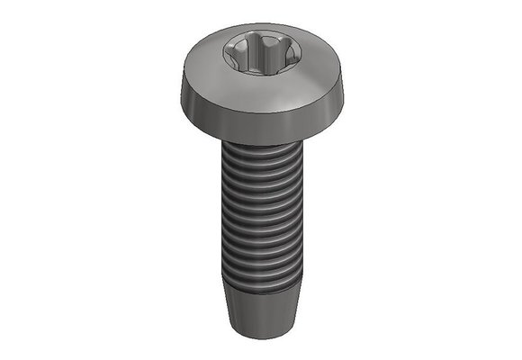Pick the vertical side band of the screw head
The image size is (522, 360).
click(261, 112)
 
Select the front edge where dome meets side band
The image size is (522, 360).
click(261, 96)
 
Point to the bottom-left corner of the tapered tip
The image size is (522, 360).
click(237, 324)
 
